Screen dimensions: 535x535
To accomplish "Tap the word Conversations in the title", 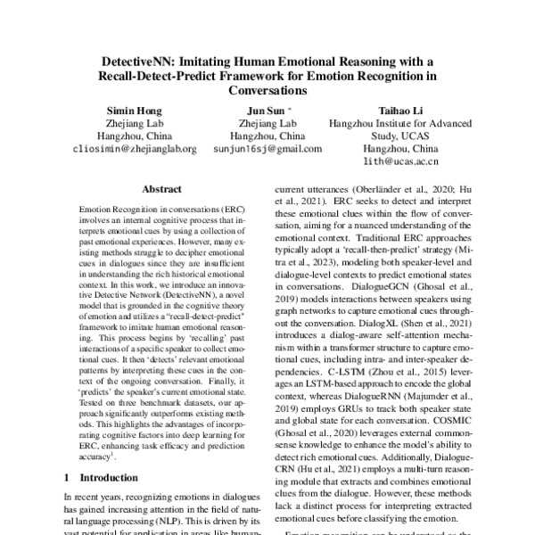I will coord(267,90).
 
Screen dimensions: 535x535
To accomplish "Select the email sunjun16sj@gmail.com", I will coord(267,149).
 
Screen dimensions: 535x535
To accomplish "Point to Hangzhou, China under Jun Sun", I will coord(267,136).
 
